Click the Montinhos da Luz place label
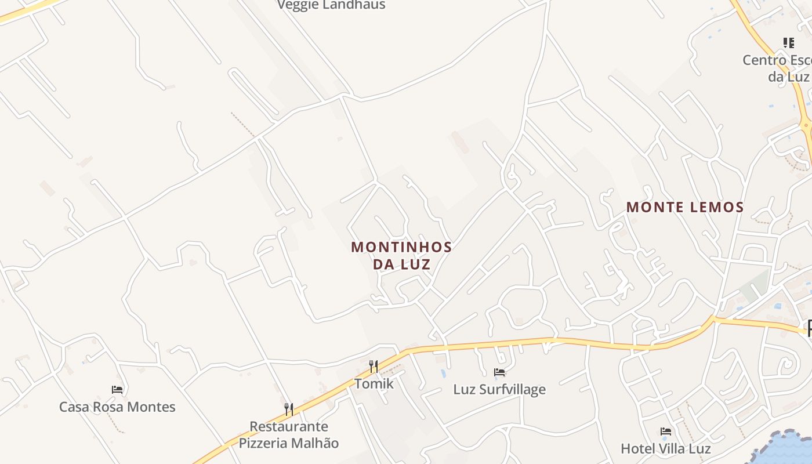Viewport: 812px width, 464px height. pyautogui.click(x=401, y=255)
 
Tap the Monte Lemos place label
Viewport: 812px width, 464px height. pyautogui.click(x=685, y=207)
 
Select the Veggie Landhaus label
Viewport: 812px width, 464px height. pyautogui.click(x=331, y=5)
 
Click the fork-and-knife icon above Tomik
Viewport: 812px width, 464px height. pyautogui.click(x=374, y=366)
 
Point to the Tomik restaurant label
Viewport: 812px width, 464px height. pyautogui.click(x=374, y=383)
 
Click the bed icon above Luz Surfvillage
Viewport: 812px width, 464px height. pyautogui.click(x=499, y=372)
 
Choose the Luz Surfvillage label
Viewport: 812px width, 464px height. pyautogui.click(x=499, y=389)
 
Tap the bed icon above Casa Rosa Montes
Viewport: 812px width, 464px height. pyautogui.click(x=117, y=390)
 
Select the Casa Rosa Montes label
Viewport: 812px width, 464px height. pyautogui.click(x=117, y=407)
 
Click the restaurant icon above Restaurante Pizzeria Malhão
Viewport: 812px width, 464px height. pyautogui.click(x=288, y=409)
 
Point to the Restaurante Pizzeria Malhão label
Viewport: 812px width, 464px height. pyautogui.click(x=289, y=435)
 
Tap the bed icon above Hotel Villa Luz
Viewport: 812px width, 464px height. pyautogui.click(x=666, y=432)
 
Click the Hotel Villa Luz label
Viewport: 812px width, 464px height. pyautogui.click(x=666, y=448)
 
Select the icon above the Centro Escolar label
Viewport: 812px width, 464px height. pyautogui.click(x=788, y=43)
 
